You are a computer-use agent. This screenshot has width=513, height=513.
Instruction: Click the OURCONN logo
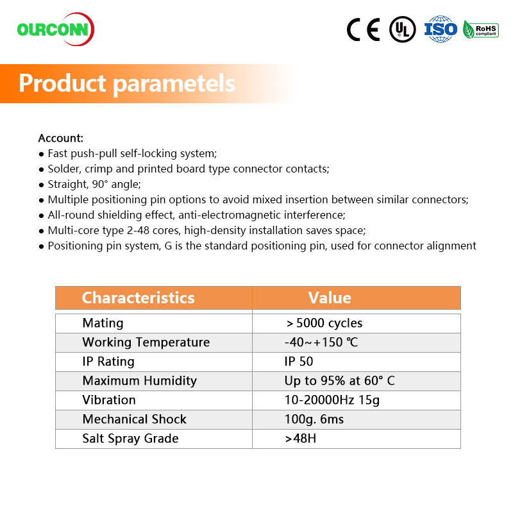pos(56,29)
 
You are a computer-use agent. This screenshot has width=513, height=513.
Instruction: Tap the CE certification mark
pos(364,29)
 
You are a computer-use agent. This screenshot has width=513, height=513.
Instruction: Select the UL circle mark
pos(403,29)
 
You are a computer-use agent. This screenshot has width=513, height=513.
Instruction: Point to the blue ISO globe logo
pos(441,29)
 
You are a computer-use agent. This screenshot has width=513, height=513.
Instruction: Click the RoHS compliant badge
pos(480,29)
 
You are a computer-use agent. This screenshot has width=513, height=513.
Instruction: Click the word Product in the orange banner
pos(62,83)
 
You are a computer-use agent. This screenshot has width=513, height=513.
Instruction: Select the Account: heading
pos(61,138)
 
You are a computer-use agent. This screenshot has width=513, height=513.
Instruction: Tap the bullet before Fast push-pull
pos(41,154)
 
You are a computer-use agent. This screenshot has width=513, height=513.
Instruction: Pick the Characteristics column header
pos(138,298)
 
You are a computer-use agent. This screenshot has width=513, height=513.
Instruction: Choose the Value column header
pos(330,298)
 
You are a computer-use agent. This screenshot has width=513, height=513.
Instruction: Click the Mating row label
pos(103,323)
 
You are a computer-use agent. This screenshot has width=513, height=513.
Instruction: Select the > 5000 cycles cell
pos(324,323)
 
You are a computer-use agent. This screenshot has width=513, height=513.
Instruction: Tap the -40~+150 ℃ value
pos(321,342)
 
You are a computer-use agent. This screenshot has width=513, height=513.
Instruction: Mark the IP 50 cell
pos(299,362)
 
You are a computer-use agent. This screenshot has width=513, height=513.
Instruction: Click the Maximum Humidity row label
pos(139,381)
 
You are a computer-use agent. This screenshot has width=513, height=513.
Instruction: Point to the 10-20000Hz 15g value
pos(332,400)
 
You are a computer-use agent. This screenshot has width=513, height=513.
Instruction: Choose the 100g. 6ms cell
pos(314,419)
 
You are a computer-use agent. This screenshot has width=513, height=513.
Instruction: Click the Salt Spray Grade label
pos(131,439)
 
